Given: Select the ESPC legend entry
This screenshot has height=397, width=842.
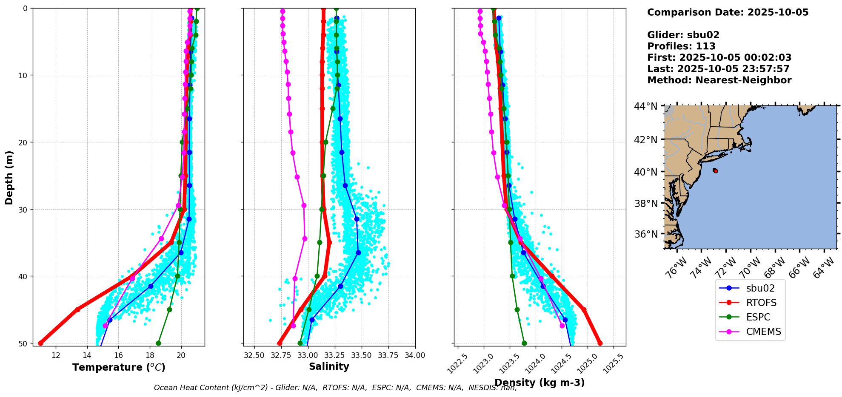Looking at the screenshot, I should pyautogui.click(x=758, y=317).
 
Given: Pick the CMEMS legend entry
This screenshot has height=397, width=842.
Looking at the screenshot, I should pyautogui.click(x=763, y=332).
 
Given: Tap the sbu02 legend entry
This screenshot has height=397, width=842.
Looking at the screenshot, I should pyautogui.click(x=760, y=288).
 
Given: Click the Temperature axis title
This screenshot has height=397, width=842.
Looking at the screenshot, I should pyautogui.click(x=119, y=367).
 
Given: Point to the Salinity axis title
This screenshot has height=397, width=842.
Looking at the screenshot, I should pyautogui.click(x=329, y=366).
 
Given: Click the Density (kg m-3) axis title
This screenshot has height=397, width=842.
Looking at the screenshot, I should pyautogui.click(x=539, y=383).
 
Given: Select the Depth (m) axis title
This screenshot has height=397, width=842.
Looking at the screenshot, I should pyautogui.click(x=9, y=177).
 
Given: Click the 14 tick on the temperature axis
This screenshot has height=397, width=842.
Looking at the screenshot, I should pyautogui.click(x=87, y=355).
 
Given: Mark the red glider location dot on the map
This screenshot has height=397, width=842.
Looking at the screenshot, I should pyautogui.click(x=716, y=171).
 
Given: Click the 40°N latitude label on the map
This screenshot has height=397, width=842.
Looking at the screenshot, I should pyautogui.click(x=646, y=172).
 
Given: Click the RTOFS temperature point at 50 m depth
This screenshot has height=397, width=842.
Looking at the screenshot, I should pyautogui.click(x=41, y=343).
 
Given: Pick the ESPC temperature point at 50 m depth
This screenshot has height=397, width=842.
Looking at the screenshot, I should pyautogui.click(x=158, y=343).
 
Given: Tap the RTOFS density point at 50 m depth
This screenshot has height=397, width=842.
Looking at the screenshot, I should pyautogui.click(x=600, y=343).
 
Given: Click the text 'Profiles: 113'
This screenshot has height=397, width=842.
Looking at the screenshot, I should pyautogui.click(x=681, y=46).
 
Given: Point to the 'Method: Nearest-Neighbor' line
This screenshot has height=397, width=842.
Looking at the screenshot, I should pyautogui.click(x=719, y=80).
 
